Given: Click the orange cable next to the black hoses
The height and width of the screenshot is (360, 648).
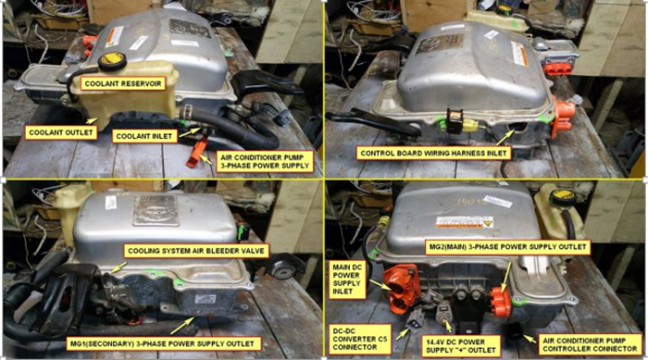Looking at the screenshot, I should point(197,151).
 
